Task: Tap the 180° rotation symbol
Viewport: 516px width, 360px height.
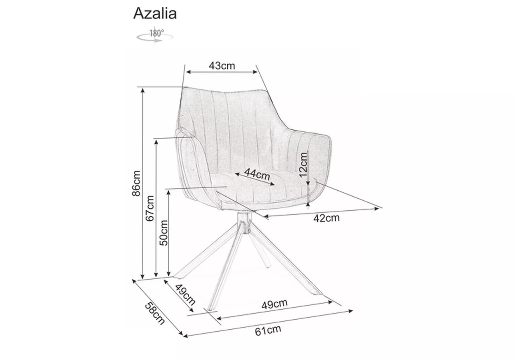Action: pos(155,36)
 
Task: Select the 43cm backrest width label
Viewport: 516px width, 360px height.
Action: pos(222,66)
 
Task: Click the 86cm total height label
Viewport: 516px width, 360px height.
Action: pos(136,184)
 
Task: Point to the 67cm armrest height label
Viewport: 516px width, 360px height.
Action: pos(150,208)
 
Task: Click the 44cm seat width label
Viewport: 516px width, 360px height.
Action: pos(257,174)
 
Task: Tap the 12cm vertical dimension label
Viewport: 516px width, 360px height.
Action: pos(303,165)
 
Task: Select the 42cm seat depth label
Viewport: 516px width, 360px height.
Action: pos(326,218)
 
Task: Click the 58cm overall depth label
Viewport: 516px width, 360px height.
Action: pos(155,314)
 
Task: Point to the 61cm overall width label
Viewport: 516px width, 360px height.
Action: pos(268,331)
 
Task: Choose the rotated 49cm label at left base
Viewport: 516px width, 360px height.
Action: pos(185,295)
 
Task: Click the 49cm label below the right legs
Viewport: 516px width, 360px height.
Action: pos(274,304)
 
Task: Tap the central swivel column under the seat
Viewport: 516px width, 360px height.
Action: pos(244,223)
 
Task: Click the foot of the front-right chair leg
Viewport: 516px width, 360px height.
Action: pos(318,293)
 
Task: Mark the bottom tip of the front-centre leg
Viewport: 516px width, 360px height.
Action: pos(210,309)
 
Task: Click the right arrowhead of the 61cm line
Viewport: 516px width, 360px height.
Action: pos(351,311)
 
